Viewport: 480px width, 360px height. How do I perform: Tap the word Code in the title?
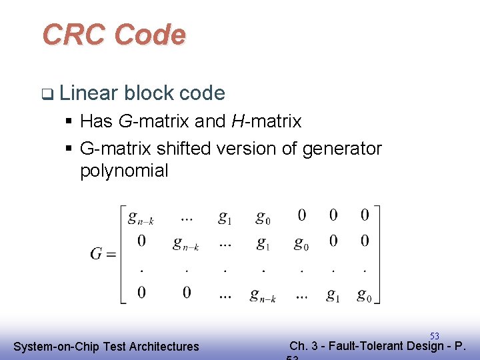[x=150, y=35]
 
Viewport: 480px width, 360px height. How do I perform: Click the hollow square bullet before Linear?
[x=45, y=94]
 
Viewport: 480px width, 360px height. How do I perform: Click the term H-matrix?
[x=266, y=121]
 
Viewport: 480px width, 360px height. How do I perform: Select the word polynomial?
[x=124, y=171]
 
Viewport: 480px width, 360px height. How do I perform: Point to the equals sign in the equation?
[x=111, y=255]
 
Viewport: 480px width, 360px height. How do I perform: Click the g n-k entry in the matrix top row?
[x=141, y=217]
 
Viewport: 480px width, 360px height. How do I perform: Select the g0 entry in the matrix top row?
[x=263, y=217]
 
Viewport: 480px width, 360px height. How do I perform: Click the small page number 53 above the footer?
[x=434, y=336]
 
